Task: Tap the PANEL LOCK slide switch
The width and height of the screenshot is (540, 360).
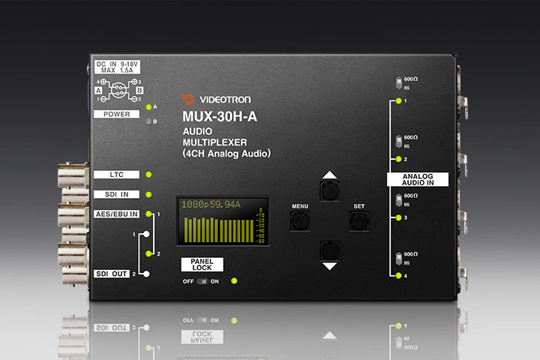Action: pyautogui.click(x=201, y=281)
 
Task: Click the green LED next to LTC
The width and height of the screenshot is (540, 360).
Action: pyautogui.click(x=148, y=175)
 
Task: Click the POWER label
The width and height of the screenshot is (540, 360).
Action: pyautogui.click(x=117, y=114)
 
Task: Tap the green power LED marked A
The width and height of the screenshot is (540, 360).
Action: pyautogui.click(x=148, y=108)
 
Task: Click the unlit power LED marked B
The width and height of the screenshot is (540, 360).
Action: pyautogui.click(x=148, y=121)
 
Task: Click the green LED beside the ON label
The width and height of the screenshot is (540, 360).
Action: pyautogui.click(x=235, y=281)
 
